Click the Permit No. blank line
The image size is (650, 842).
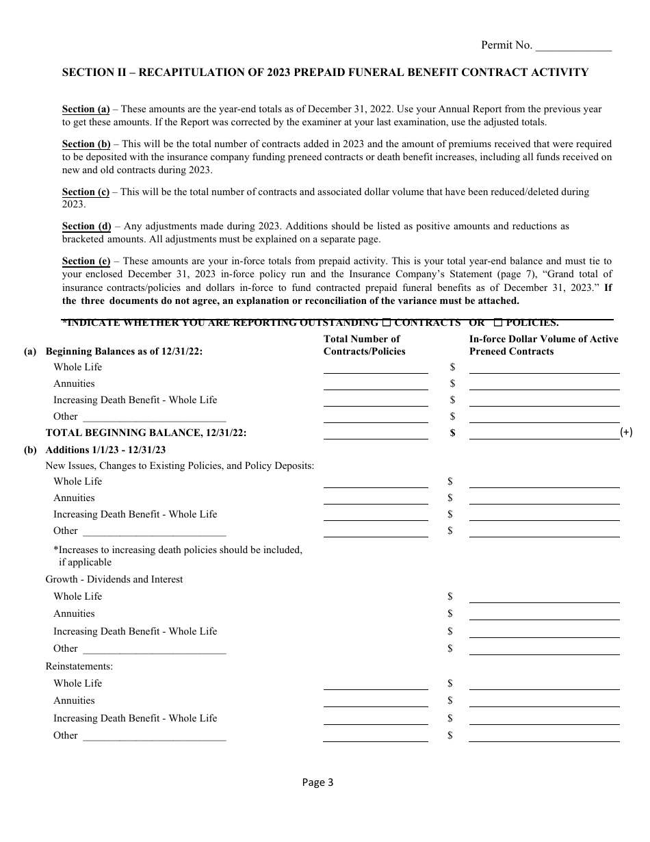573,47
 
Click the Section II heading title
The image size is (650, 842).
325,73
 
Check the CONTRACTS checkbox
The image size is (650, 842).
387,322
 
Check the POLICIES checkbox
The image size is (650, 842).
498,322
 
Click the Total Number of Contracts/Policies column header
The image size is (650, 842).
364,345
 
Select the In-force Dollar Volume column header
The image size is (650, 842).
543,345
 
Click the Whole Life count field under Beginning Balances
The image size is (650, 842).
376,368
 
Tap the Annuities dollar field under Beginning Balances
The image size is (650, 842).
544,384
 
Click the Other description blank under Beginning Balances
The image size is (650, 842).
154,417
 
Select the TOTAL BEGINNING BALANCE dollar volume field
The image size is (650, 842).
544,433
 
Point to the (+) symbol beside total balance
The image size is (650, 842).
626,433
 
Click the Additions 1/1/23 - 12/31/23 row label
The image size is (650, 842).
105,450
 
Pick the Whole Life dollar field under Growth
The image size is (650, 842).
544,597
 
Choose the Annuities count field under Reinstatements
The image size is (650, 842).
376,701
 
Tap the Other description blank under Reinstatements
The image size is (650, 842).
154,736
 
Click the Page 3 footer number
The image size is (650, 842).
317,782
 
